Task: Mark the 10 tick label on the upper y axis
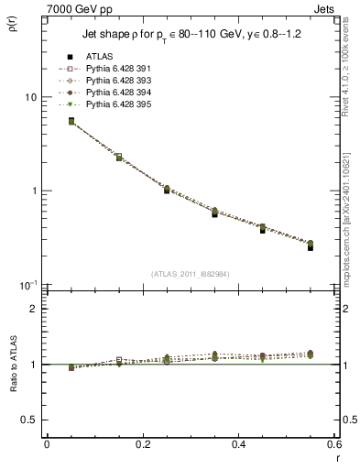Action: [31, 97]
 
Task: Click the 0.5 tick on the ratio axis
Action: [29, 420]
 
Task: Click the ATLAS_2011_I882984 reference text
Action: [190, 273]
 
